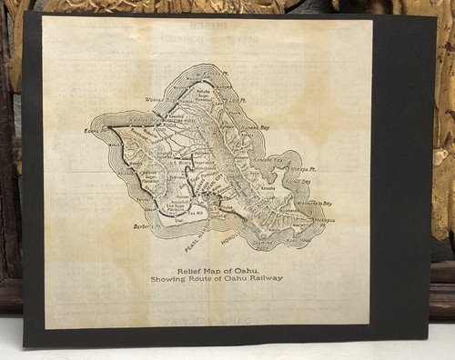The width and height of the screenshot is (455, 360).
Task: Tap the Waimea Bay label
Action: tap(155, 101)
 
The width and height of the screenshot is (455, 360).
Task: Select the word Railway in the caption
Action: tap(265, 278)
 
